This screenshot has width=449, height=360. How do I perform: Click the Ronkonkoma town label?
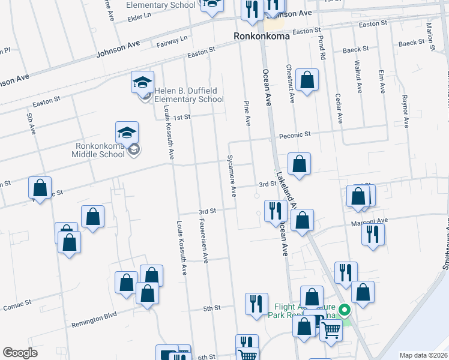262,37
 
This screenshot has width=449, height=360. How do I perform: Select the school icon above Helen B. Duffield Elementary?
143,82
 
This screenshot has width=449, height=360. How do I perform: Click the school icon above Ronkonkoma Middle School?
127,132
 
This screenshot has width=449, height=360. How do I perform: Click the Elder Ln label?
139,18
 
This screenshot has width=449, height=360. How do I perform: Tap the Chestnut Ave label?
289,83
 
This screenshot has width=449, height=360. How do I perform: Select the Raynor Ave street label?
405,111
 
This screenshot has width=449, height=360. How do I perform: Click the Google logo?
20,353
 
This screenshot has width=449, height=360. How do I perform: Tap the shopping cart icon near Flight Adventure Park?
331,330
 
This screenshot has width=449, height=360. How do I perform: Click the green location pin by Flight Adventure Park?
345,310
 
